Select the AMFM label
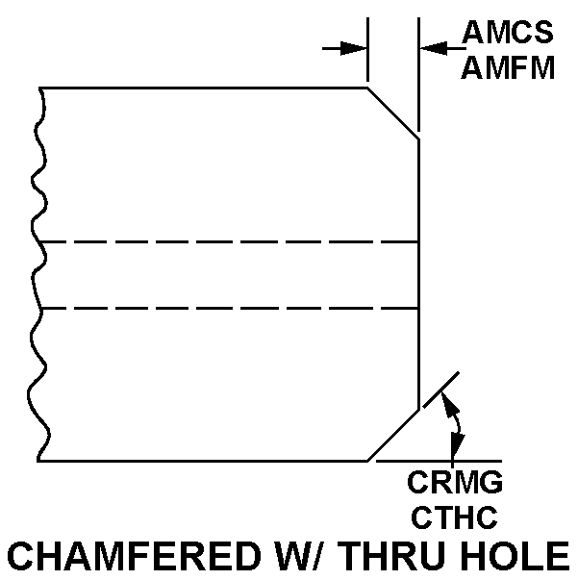pyautogui.click(x=508, y=68)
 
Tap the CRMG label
pyautogui.click(x=455, y=481)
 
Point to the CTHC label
pyautogui.click(x=455, y=517)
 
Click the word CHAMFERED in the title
pyautogui.click(x=136, y=558)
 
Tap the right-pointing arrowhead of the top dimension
pyautogui.click(x=357, y=47)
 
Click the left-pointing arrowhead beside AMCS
pyautogui.click(x=431, y=47)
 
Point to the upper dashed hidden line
pyautogui.click(x=231, y=241)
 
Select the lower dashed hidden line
pyautogui.click(x=231, y=309)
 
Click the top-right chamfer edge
pyautogui.click(x=393, y=113)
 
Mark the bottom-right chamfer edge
pyautogui.click(x=393, y=436)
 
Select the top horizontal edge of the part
pyautogui.click(x=202, y=88)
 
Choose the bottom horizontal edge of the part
pyautogui.click(x=202, y=461)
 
